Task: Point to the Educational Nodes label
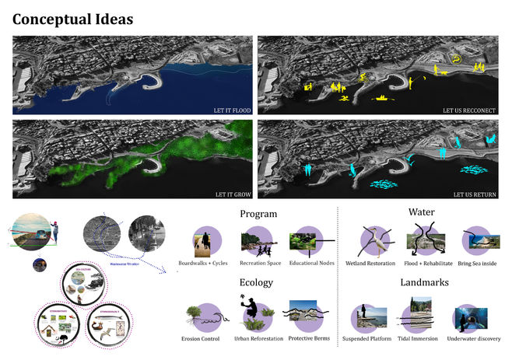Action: [x=310, y=263]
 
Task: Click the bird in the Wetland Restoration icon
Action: [x=376, y=241]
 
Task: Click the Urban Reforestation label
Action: [x=258, y=339]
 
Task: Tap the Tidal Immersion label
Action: [x=421, y=339]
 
